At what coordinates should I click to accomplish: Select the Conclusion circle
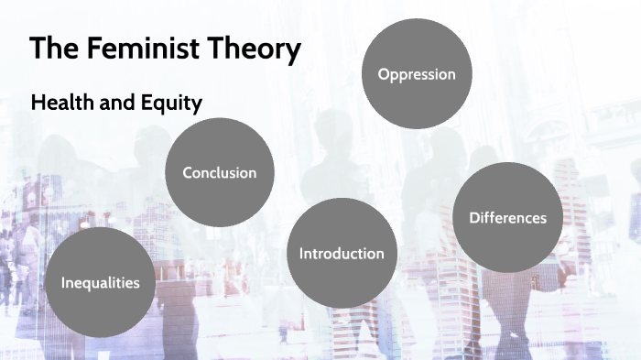click(220, 172)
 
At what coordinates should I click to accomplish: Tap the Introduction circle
click(342, 253)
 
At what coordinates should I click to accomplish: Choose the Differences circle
click(507, 217)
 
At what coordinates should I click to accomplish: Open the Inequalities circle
click(101, 282)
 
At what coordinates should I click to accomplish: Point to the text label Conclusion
click(220, 172)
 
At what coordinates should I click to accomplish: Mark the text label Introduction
click(342, 253)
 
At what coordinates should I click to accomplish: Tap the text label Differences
click(507, 217)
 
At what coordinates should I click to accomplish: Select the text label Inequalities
click(101, 282)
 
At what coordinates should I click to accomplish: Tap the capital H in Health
click(38, 104)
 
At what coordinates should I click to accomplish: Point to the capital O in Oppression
click(384, 74)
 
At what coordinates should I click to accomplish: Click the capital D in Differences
click(473, 217)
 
